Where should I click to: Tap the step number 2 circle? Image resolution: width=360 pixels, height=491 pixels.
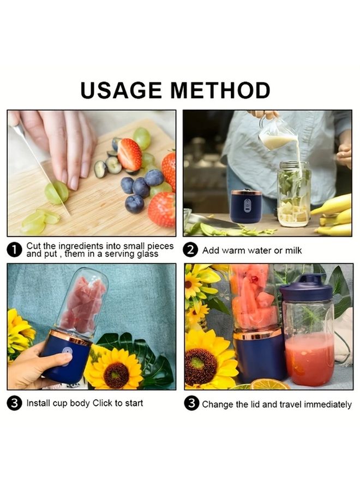pyautogui.click(x=190, y=250)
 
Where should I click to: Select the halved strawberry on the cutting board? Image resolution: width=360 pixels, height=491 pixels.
pyautogui.click(x=129, y=154)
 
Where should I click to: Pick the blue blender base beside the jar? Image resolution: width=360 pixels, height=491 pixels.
pyautogui.click(x=246, y=206)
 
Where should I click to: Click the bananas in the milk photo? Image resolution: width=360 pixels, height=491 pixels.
pyautogui.click(x=334, y=215)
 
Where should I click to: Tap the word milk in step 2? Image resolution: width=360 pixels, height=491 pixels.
pyautogui.click(x=291, y=250)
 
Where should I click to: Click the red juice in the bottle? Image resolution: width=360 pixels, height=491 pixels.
pyautogui.click(x=309, y=360)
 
